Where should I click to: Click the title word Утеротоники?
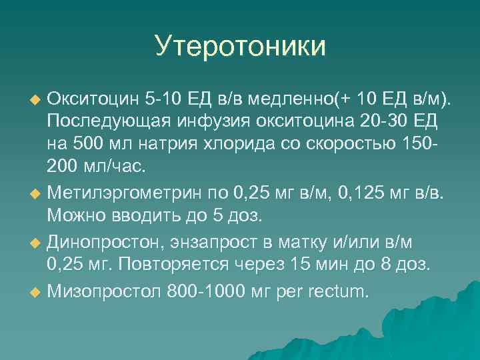click(240, 47)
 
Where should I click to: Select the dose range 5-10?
click(165, 99)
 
